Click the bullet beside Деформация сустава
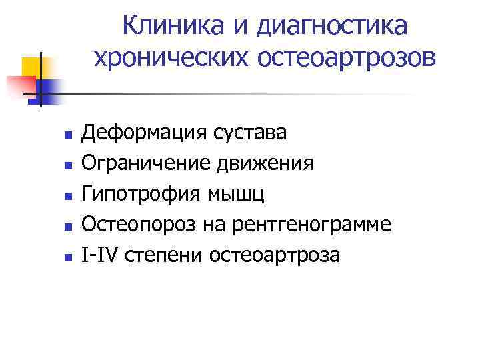tap(59, 135)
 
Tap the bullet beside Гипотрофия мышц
tap(59, 195)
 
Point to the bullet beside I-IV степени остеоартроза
tap(59, 256)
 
